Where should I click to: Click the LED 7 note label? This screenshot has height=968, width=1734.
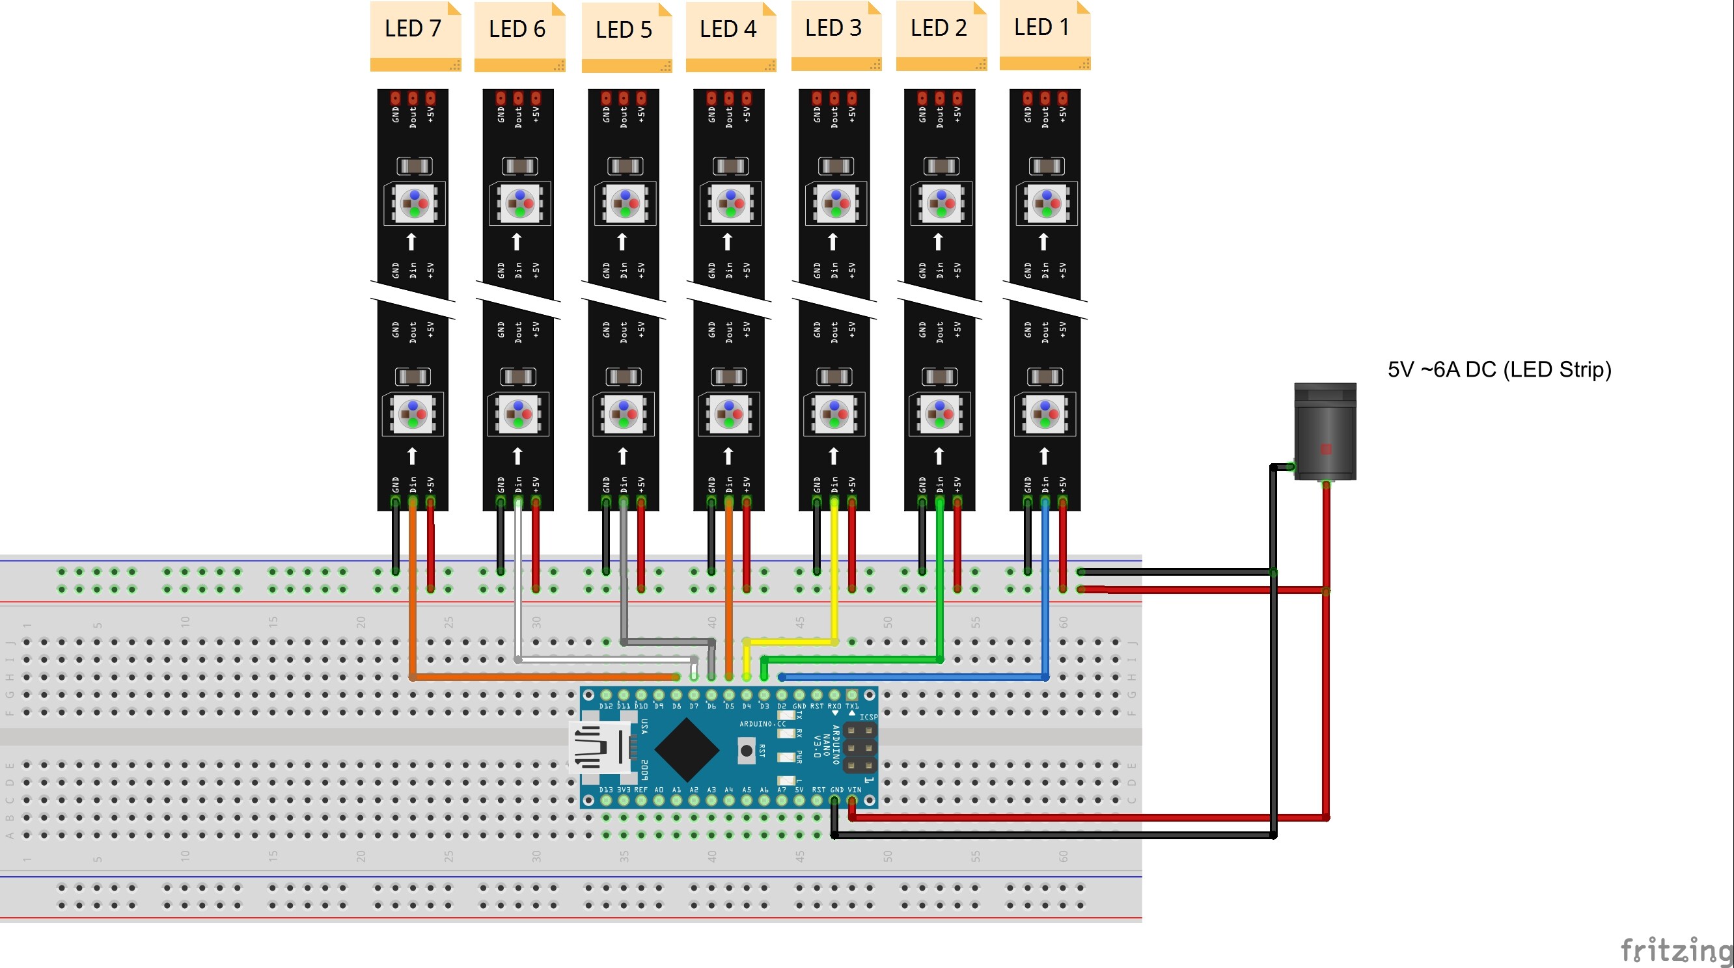pyautogui.click(x=414, y=34)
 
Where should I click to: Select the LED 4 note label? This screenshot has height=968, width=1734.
pyautogui.click(x=730, y=34)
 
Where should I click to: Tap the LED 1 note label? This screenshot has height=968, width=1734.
pyautogui.click(x=1043, y=33)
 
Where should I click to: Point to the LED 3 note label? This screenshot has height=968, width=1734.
pyautogui.click(x=835, y=33)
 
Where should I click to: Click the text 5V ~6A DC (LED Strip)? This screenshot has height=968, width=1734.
pyautogui.click(x=1499, y=370)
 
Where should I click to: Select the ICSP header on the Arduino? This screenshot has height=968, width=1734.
pyautogui.click(x=860, y=747)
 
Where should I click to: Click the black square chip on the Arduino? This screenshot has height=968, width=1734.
pyautogui.click(x=686, y=749)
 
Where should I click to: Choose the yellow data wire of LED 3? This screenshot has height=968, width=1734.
pyautogui.click(x=834, y=572)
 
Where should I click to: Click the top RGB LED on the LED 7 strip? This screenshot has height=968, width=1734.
pyautogui.click(x=414, y=203)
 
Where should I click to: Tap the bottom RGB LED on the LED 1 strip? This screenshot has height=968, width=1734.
pyautogui.click(x=1045, y=414)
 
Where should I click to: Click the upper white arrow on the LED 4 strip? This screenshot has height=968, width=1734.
pyautogui.click(x=728, y=241)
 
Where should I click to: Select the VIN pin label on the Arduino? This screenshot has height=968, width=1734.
pyautogui.click(x=854, y=790)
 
